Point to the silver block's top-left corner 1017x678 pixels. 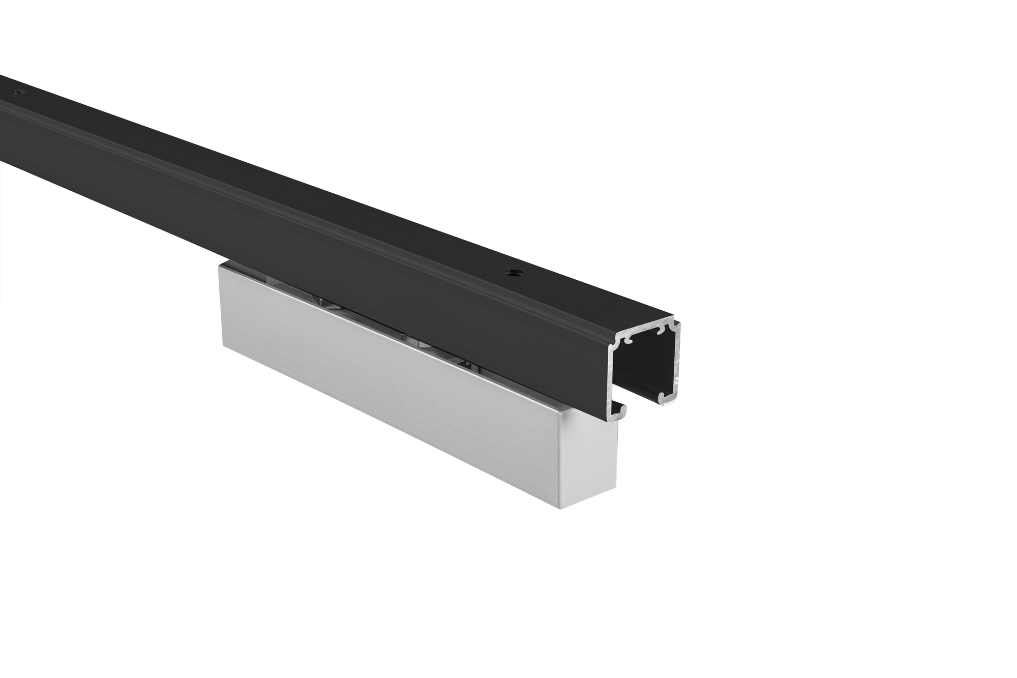(x=220, y=266)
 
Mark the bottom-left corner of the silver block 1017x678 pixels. (x=222, y=346)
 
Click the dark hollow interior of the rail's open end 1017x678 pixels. (x=646, y=366)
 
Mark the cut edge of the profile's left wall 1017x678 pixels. (x=612, y=376)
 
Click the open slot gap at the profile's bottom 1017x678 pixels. (x=641, y=402)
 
